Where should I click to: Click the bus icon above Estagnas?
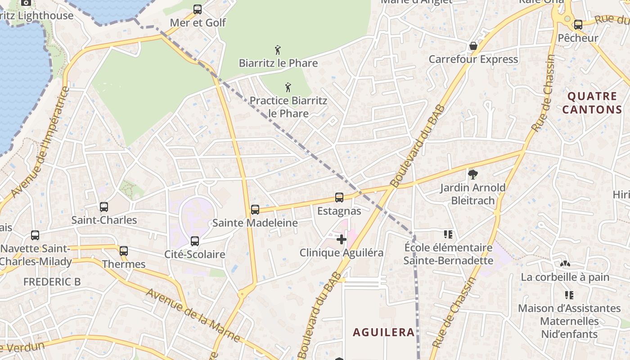click(339, 197)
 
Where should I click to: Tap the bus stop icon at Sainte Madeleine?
click(255, 209)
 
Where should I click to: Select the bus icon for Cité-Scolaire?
click(195, 241)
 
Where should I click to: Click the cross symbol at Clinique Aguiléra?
click(342, 239)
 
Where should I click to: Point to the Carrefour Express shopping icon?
click(473, 46)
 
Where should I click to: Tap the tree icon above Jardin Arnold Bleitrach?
click(472, 174)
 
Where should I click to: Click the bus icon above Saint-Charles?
click(104, 207)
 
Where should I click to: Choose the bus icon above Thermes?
click(124, 251)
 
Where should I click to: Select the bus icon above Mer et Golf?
click(198, 9)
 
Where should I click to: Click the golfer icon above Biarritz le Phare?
click(278, 49)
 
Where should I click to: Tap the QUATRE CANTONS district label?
click(592, 103)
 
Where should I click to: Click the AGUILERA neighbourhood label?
click(383, 333)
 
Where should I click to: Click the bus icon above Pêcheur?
click(578, 25)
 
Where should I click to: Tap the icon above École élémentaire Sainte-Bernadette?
click(448, 234)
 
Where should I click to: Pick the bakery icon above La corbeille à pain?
click(565, 264)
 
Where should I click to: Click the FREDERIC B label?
click(52, 282)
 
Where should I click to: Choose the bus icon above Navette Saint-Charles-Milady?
click(35, 235)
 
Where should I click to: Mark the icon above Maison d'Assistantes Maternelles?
click(569, 295)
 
